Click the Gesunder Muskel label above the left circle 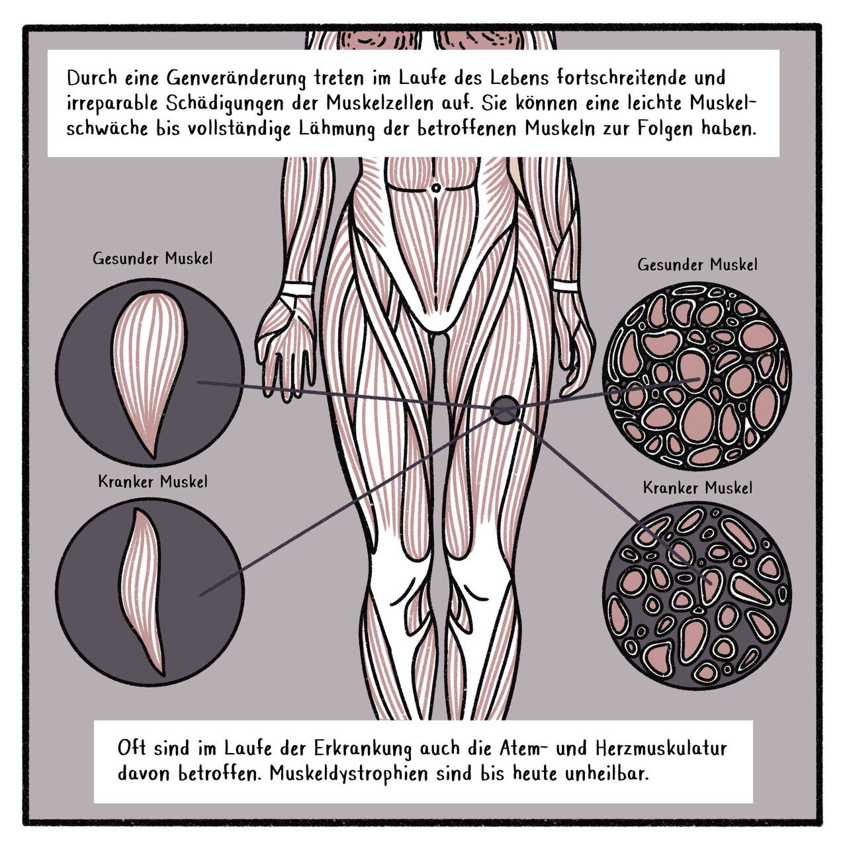152,259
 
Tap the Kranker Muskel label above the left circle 152,481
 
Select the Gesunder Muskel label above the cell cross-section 697,265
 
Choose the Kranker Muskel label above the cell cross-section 697,488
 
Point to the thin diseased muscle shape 142,591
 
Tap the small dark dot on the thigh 505,410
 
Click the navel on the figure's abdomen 436,188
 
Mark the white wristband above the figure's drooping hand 298,290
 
